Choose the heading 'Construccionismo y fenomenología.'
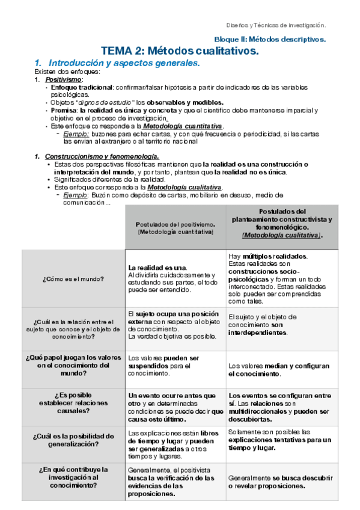102,157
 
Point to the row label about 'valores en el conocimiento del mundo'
73,364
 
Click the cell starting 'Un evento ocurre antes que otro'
175,407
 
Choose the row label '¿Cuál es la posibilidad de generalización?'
73,440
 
